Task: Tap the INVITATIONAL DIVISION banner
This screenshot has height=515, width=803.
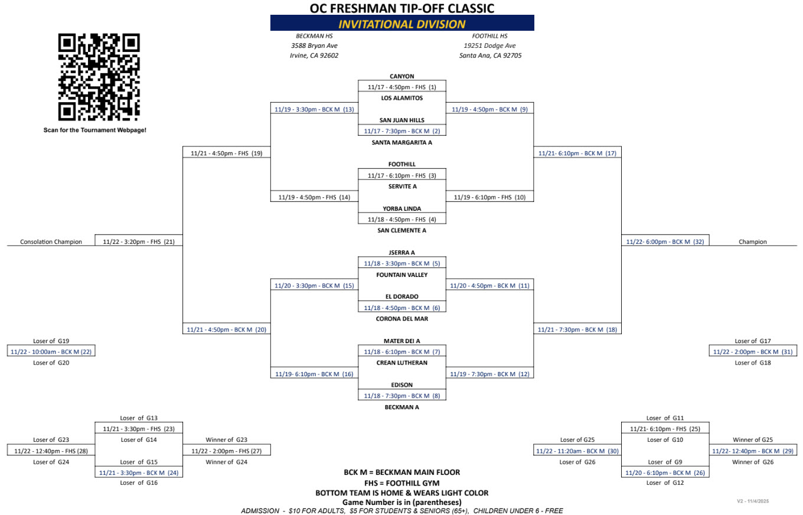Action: (x=402, y=24)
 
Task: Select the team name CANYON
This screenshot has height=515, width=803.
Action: (x=402, y=76)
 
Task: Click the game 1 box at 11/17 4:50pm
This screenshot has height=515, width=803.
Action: (x=402, y=87)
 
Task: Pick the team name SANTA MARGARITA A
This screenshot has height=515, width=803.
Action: (x=402, y=142)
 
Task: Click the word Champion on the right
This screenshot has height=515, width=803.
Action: (x=753, y=242)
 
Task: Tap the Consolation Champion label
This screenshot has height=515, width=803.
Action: (x=51, y=242)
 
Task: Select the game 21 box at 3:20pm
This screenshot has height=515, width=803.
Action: (x=139, y=242)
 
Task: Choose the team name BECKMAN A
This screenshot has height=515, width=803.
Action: (x=402, y=407)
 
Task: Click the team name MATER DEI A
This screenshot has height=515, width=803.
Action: (x=402, y=341)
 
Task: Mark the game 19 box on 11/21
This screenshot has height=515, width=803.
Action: (x=226, y=153)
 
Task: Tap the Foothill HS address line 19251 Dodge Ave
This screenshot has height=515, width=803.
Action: (x=489, y=45)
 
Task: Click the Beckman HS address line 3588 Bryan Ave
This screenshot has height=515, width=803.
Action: (x=314, y=45)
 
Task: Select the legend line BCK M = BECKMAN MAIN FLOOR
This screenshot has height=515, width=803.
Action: (x=402, y=472)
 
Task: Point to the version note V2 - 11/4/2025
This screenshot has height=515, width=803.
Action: (x=752, y=501)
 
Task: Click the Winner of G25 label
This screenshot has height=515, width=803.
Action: (x=752, y=440)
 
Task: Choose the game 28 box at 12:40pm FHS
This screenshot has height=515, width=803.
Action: (x=51, y=451)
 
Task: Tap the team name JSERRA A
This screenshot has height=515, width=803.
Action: (x=402, y=252)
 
